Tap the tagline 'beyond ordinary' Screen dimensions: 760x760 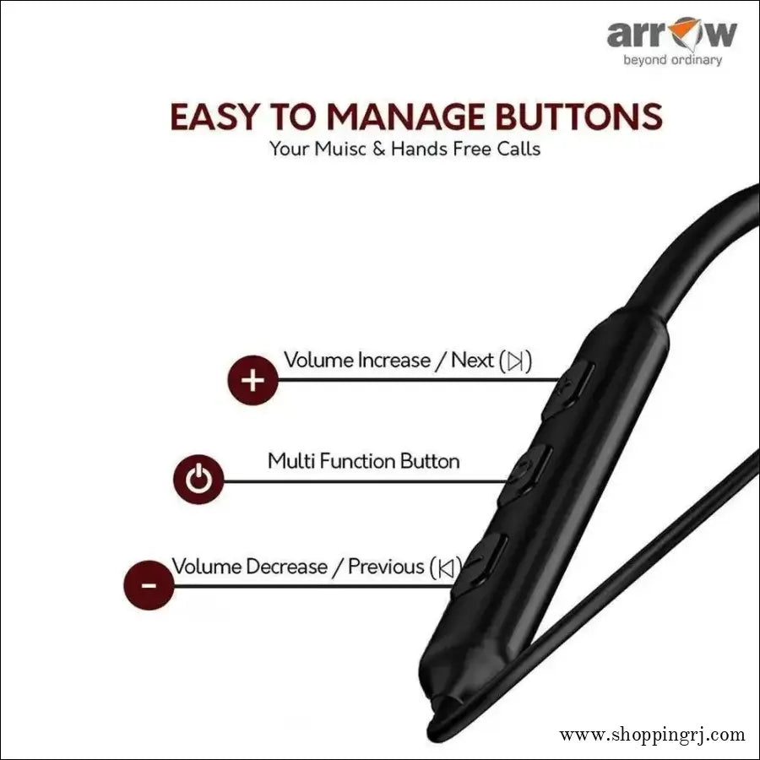[672, 60]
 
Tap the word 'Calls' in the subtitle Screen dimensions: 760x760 [514, 149]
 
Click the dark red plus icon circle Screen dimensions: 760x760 [252, 380]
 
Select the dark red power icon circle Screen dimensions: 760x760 [198, 480]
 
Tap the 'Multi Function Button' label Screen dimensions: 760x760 [364, 461]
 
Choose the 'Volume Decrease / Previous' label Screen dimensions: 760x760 [300, 566]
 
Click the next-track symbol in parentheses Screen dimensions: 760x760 [516, 361]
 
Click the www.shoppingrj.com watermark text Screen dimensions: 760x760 [653, 735]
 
